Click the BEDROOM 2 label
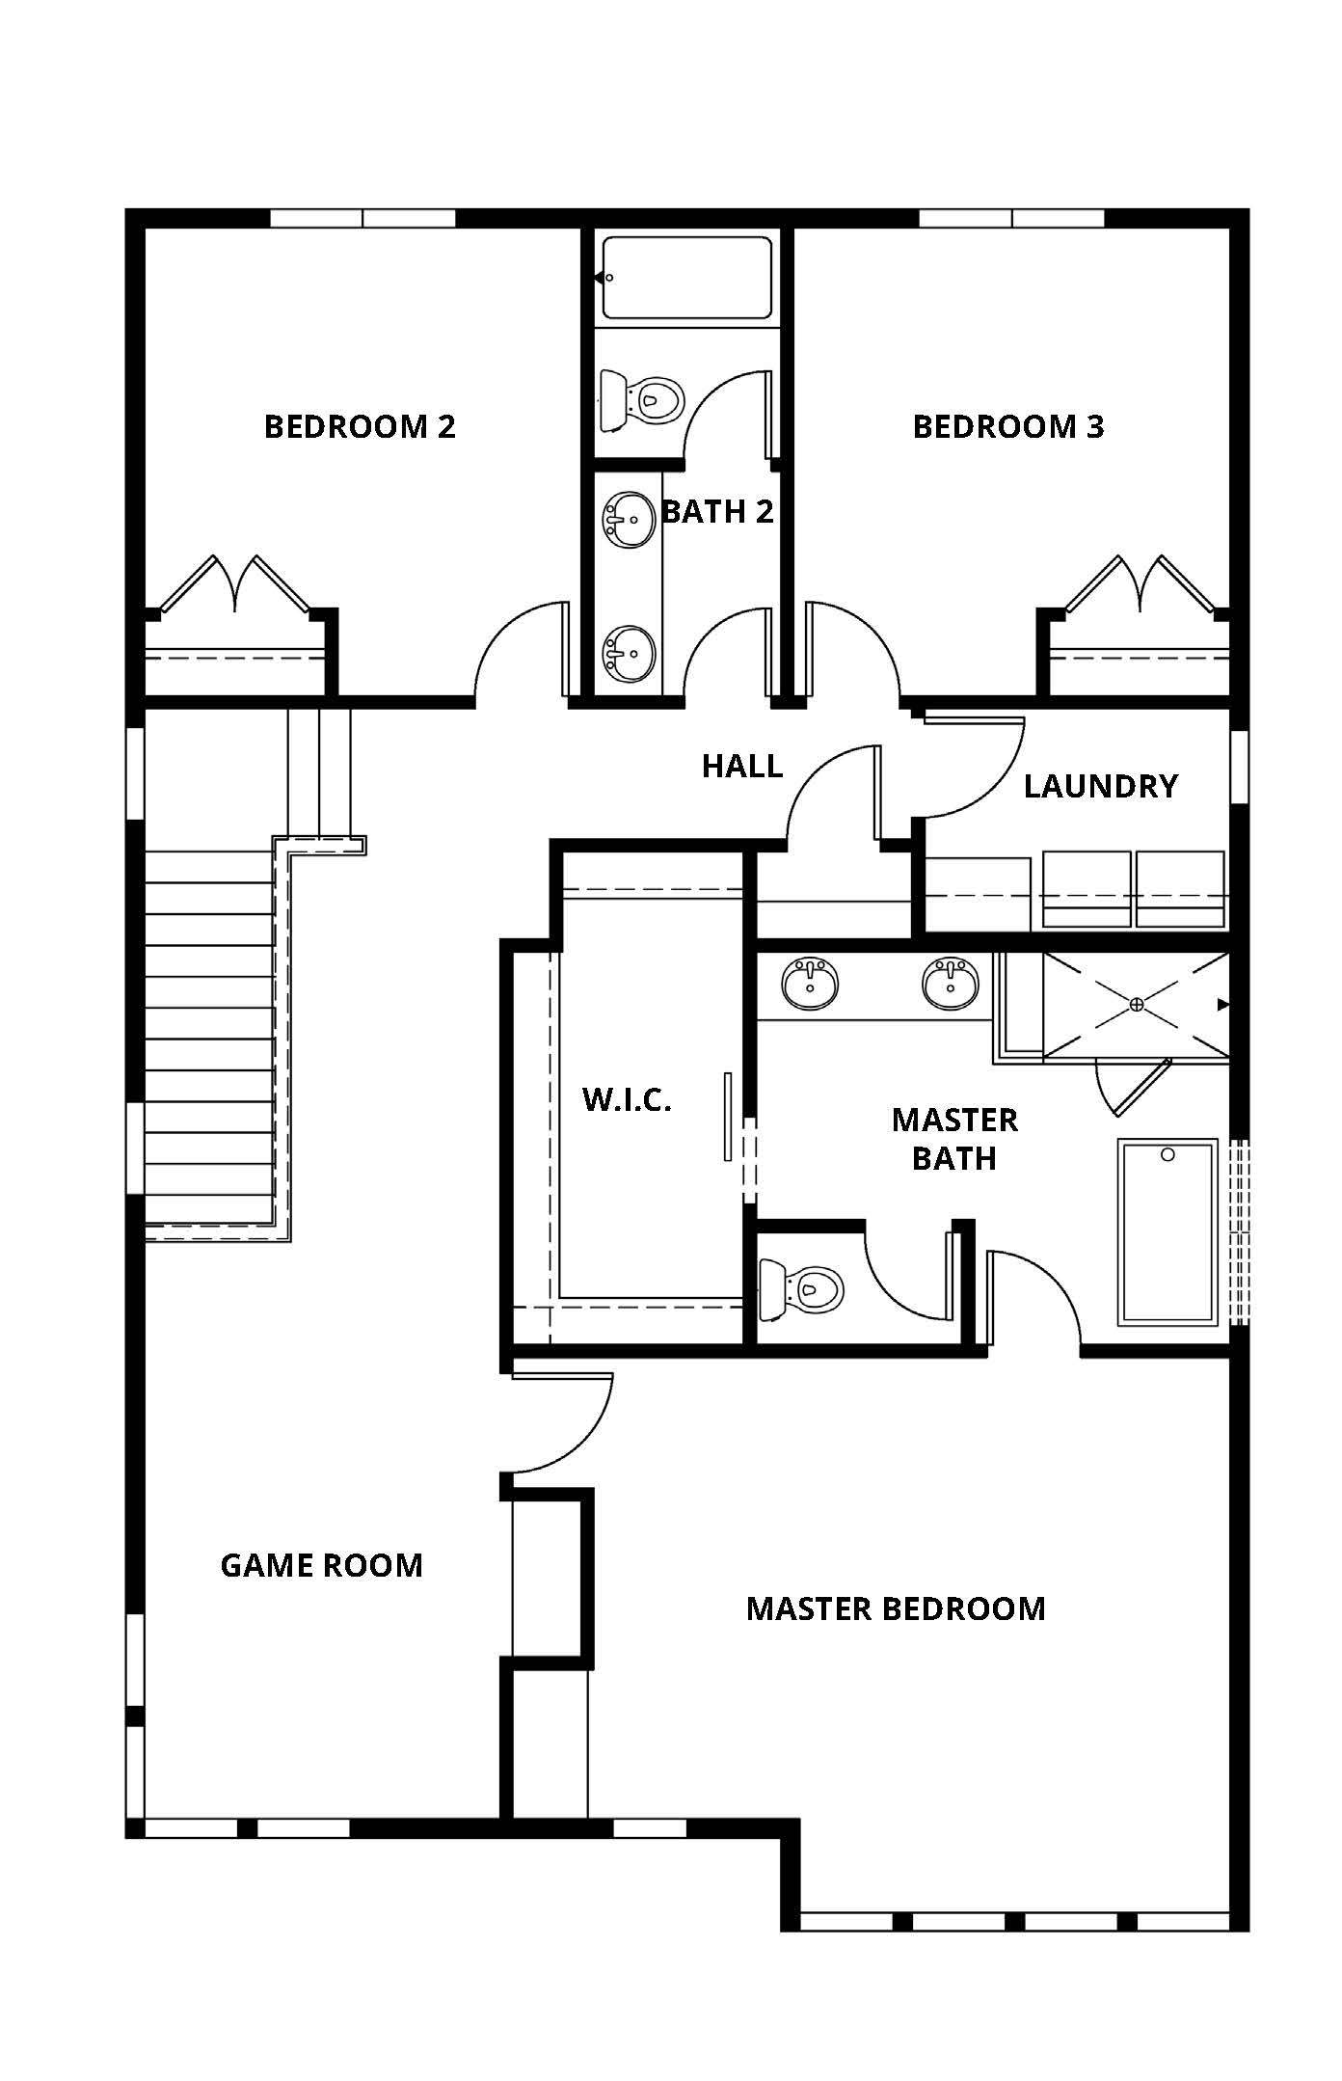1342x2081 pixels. [360, 426]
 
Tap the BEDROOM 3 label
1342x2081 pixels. [1008, 426]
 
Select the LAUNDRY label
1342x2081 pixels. [1101, 786]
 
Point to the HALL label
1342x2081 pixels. [742, 767]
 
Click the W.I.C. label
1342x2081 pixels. [627, 1099]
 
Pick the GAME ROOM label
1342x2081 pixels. [322, 1565]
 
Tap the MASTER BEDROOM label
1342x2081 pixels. [896, 1608]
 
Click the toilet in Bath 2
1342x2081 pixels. [641, 399]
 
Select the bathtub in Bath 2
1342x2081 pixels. [687, 278]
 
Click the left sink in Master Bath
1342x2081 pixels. [810, 984]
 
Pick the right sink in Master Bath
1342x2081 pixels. [951, 984]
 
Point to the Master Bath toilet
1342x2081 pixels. [801, 1289]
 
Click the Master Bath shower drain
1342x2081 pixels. [1137, 1005]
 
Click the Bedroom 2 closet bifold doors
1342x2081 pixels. [235, 583]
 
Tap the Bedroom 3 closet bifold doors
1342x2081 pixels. [1140, 583]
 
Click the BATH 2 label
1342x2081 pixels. [718, 511]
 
